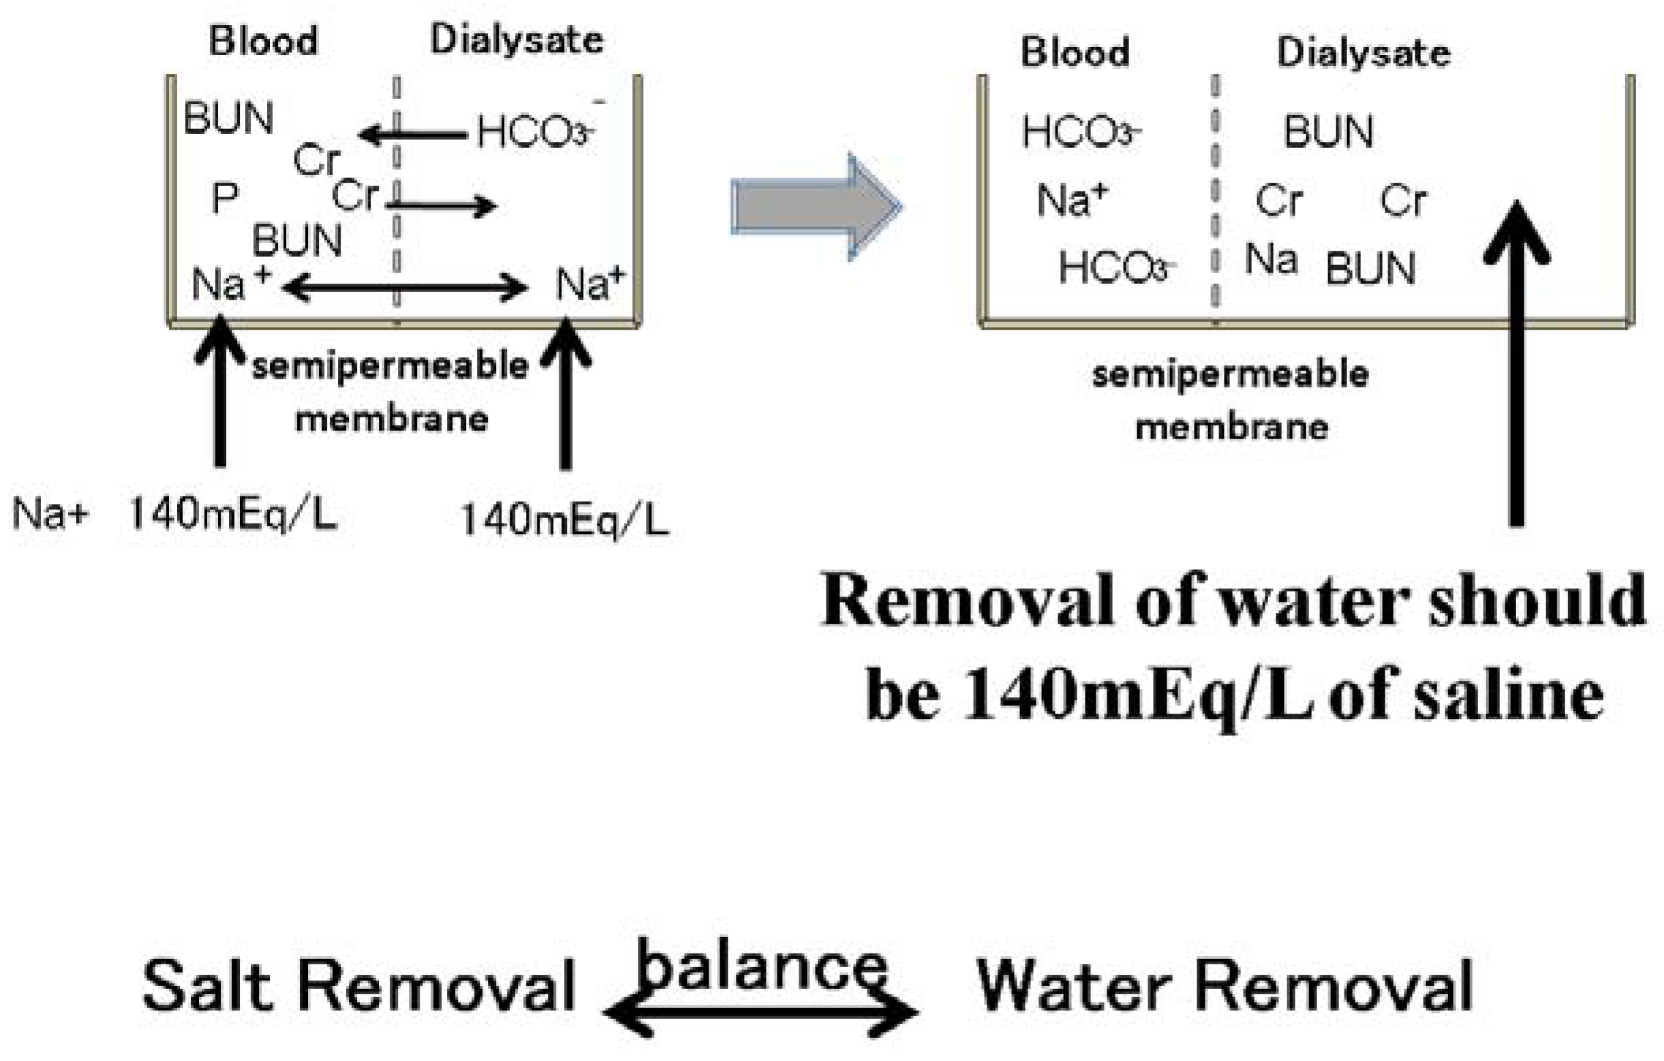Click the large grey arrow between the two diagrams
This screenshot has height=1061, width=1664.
point(816,207)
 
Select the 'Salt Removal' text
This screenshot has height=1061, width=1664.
point(358,985)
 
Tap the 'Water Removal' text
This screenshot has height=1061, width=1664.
point(1224,985)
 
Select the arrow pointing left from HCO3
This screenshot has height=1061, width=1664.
point(412,135)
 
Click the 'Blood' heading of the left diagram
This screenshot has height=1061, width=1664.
point(263,42)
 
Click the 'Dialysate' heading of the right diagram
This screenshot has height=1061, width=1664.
point(1363,52)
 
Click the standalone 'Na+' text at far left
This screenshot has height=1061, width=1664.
point(50,514)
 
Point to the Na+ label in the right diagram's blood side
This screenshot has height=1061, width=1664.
point(1073,201)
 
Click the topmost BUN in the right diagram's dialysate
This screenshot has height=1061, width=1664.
point(1328,131)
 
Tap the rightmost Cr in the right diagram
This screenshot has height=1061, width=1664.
point(1403,201)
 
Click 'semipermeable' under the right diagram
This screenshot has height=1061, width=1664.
point(1230,375)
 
